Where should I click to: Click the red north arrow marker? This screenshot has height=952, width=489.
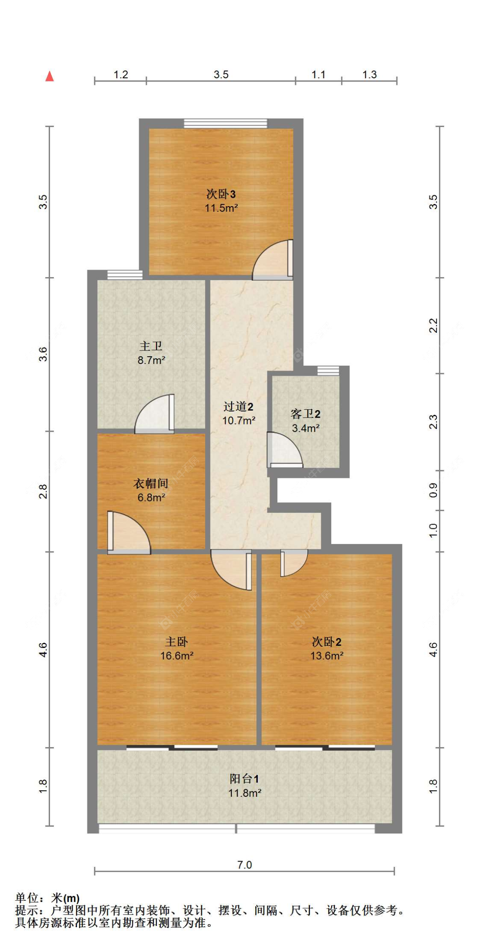coord(50,76)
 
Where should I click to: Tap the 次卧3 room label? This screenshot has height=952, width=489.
coord(221,194)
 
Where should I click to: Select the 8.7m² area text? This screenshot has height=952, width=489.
coord(151,360)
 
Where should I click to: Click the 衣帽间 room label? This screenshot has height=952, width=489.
coord(151,483)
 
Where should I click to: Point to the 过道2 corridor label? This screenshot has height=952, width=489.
coord(238,407)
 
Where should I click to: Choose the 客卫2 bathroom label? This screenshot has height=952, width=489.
coord(306,414)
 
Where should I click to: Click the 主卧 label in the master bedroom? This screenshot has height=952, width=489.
coord(176,641)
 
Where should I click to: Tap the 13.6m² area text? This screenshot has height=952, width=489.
coord(326,656)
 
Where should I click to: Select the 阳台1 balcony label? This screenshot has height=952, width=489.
coord(244,779)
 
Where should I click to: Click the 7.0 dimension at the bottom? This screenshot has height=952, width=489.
coord(244,865)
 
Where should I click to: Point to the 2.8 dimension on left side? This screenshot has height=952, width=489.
coord(43,491)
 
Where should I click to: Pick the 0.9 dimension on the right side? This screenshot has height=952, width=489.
coord(433,490)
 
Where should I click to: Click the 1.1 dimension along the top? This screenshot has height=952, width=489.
coord(318,74)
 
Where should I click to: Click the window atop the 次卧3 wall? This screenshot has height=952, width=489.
coord(225,124)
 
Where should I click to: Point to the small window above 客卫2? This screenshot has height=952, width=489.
coord(328,370)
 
